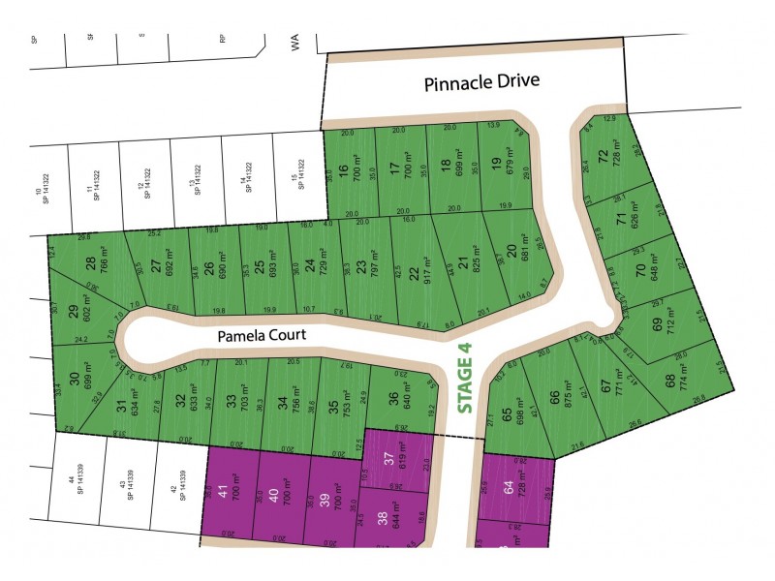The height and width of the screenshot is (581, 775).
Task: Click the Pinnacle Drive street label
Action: (x=481, y=83)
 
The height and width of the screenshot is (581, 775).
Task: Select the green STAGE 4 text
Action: (x=466, y=384)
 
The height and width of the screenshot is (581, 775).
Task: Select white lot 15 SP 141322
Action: (x=296, y=172)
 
